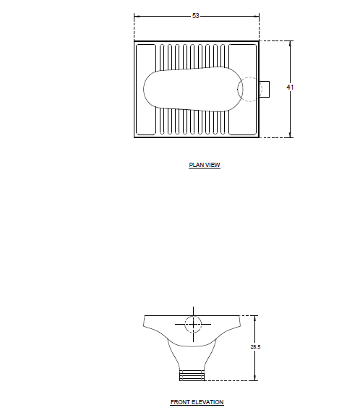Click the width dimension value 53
[x=196, y=16]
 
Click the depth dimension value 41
[x=290, y=87]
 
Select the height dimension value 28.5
[x=255, y=347]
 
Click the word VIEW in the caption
[x=213, y=165]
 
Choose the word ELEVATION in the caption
[x=207, y=402]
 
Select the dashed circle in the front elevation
[x=193, y=324]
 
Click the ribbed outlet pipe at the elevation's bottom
[x=192, y=375]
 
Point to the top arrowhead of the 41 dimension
[x=291, y=43]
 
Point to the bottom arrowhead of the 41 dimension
[x=291, y=135]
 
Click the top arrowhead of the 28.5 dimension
[x=255, y=317]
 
